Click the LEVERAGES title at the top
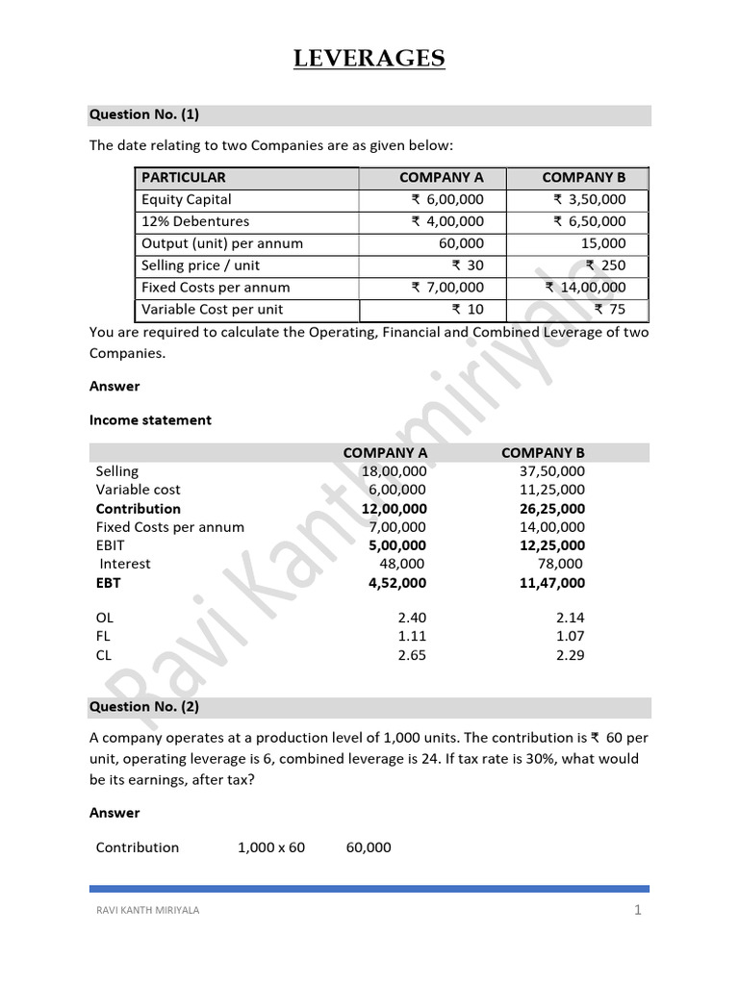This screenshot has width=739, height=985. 369,60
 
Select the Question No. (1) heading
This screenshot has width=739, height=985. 144,115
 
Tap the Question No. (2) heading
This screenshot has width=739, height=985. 144,707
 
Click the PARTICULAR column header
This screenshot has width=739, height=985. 184,177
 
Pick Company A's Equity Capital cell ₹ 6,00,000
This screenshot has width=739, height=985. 447,199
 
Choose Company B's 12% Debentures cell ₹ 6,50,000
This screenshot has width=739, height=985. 589,221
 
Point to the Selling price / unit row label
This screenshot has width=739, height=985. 201,265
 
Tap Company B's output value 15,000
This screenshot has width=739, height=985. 603,243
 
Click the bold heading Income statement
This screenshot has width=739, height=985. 150,420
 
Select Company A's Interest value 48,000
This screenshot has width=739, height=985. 402,564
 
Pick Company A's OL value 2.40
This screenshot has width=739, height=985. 411,618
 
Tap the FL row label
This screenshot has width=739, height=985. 105,636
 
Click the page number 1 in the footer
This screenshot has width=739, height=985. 637,911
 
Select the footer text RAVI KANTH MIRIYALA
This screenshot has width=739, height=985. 145,911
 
